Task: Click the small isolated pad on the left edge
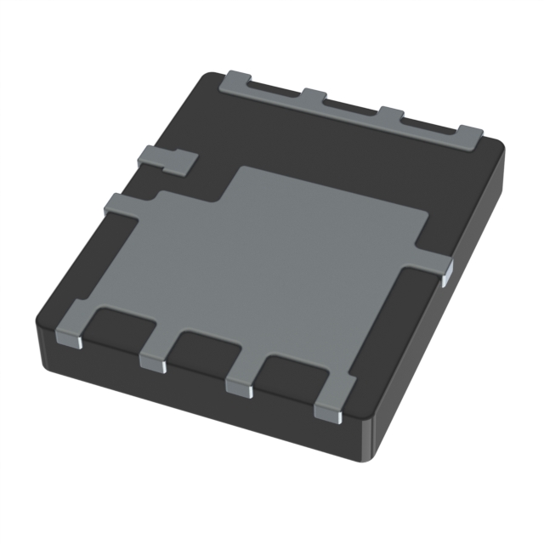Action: pos(164,158)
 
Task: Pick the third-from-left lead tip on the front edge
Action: pos(239,388)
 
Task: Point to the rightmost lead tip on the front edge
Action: pos(328,412)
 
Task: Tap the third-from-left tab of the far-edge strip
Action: pos(390,115)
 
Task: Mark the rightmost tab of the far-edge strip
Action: pos(469,134)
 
